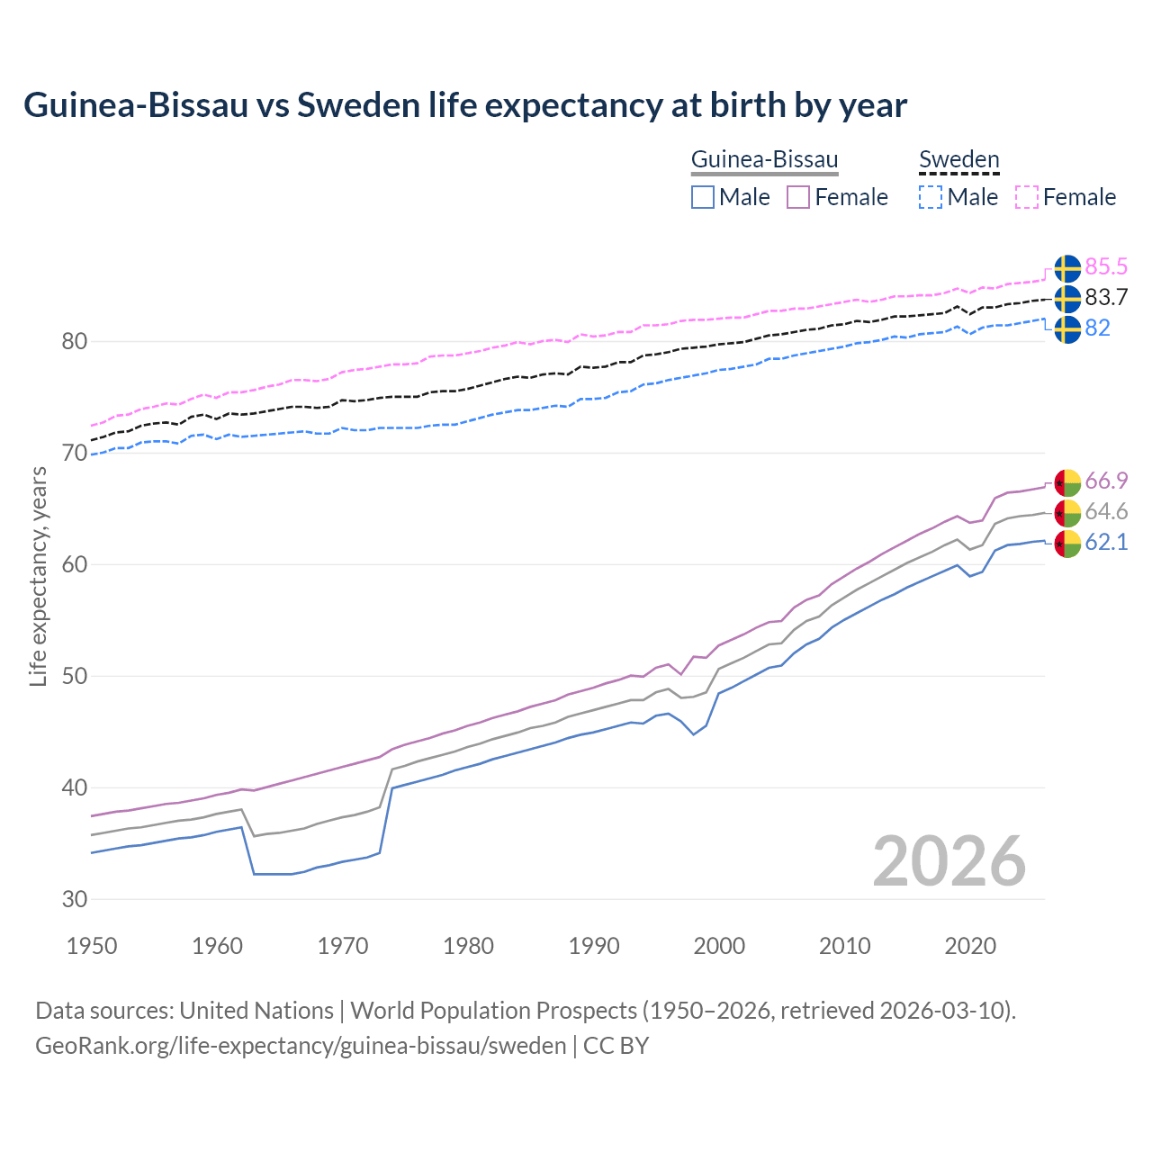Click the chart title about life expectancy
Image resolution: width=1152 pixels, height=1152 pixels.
[465, 105]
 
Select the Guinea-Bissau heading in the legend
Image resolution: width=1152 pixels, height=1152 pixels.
[764, 160]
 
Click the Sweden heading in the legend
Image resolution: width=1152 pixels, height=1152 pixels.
[958, 160]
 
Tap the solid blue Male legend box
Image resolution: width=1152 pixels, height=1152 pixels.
[703, 197]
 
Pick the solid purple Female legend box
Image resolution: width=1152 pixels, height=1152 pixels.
[798, 197]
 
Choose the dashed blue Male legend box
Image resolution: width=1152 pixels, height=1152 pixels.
[931, 197]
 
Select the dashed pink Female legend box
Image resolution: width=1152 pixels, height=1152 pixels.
[1027, 197]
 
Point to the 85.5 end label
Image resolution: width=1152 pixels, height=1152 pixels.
[1106, 266]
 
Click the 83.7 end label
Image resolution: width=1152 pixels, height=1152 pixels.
[1106, 297]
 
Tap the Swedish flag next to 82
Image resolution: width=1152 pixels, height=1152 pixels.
[1067, 328]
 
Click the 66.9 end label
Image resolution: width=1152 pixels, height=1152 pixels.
[1106, 481]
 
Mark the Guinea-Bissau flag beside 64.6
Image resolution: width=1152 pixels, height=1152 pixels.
[1067, 513]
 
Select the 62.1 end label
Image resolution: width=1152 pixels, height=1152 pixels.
[1106, 542]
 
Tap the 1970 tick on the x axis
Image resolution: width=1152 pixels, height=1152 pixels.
[343, 946]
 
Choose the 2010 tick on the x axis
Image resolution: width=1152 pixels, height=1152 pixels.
[844, 946]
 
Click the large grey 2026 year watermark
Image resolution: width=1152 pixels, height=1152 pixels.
[949, 861]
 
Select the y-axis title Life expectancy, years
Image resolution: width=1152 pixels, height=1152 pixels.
[38, 576]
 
